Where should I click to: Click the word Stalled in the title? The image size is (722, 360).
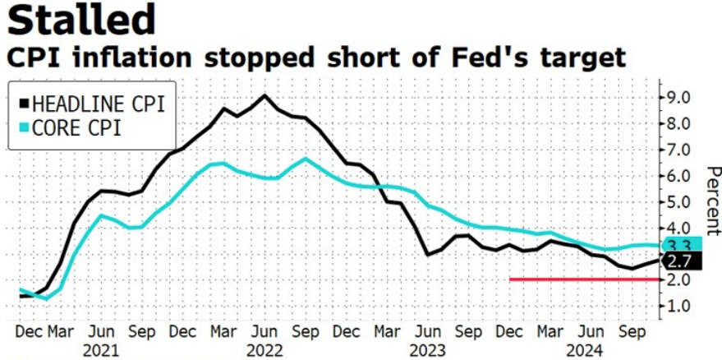click(x=81, y=21)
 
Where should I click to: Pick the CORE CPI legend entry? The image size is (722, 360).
click(x=71, y=128)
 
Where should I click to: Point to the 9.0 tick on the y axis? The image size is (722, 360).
click(x=675, y=98)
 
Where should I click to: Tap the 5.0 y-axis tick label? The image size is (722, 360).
click(x=675, y=202)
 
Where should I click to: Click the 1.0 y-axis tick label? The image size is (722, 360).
click(x=675, y=307)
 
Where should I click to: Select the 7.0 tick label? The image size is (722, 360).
click(x=675, y=150)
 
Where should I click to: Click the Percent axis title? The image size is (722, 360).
click(x=713, y=201)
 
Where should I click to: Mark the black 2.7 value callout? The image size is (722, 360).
click(x=683, y=261)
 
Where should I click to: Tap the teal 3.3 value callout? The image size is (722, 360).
click(x=683, y=243)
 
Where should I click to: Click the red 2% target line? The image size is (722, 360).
click(x=583, y=279)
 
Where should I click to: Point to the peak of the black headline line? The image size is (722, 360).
click(x=264, y=95)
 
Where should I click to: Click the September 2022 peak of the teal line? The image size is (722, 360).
click(x=306, y=159)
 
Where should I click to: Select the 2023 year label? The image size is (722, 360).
click(x=427, y=351)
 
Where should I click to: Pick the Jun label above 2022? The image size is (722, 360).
click(x=264, y=333)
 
